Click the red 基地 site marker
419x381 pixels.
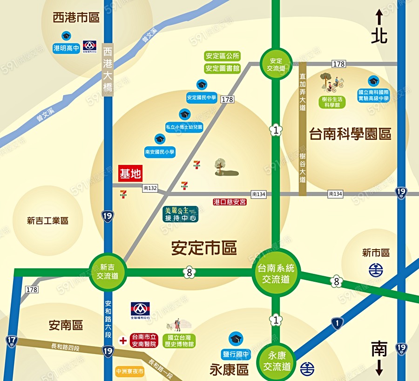[130, 174]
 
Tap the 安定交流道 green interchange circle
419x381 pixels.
[276, 64]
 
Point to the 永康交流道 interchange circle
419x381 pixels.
[276, 361]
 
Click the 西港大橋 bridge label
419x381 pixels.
[108, 70]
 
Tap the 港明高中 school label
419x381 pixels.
[66, 48]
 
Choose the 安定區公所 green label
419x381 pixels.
[223, 56]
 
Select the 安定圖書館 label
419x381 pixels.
[223, 68]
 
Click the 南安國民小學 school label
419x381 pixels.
[160, 151]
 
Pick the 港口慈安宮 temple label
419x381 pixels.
[230, 202]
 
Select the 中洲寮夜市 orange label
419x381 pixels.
[130, 372]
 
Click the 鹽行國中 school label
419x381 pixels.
[237, 354]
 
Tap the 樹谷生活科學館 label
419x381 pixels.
[332, 102]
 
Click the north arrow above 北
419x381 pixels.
[379, 18]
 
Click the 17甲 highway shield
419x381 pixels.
[11, 341]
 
